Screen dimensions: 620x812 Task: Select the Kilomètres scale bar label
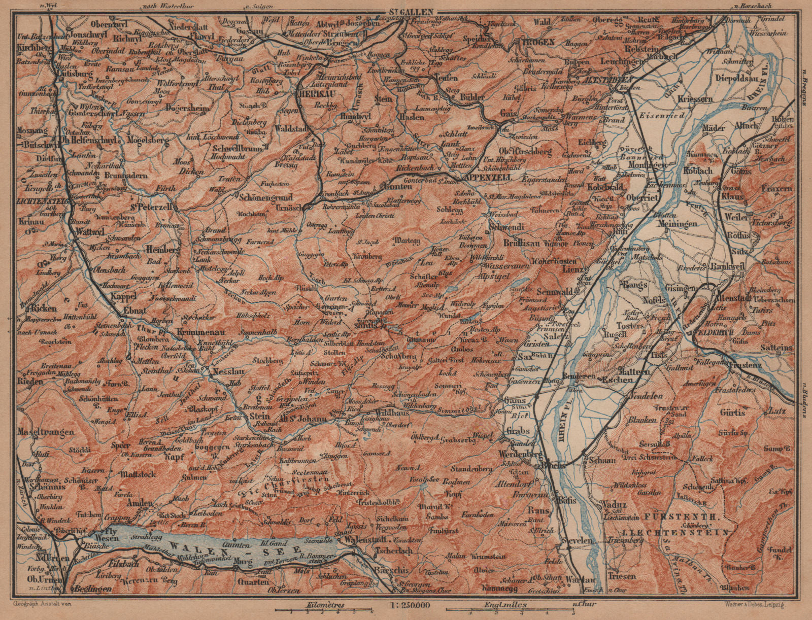tap(324, 605)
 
